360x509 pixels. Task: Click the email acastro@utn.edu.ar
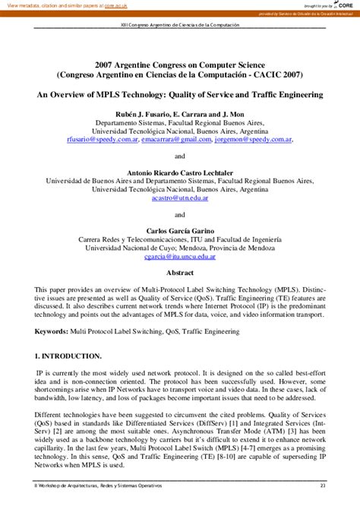pos(180,198)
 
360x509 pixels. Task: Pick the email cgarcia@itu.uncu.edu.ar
pos(180,257)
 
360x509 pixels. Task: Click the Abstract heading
pos(180,272)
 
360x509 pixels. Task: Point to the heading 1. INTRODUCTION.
pos(68,356)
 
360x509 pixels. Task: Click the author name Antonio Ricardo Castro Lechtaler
pos(180,172)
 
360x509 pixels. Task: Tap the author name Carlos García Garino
pos(180,230)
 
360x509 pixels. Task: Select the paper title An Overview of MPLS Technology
pos(180,95)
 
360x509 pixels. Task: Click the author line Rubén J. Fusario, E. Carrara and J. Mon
pos(180,112)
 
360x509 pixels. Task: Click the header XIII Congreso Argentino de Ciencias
pos(180,25)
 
